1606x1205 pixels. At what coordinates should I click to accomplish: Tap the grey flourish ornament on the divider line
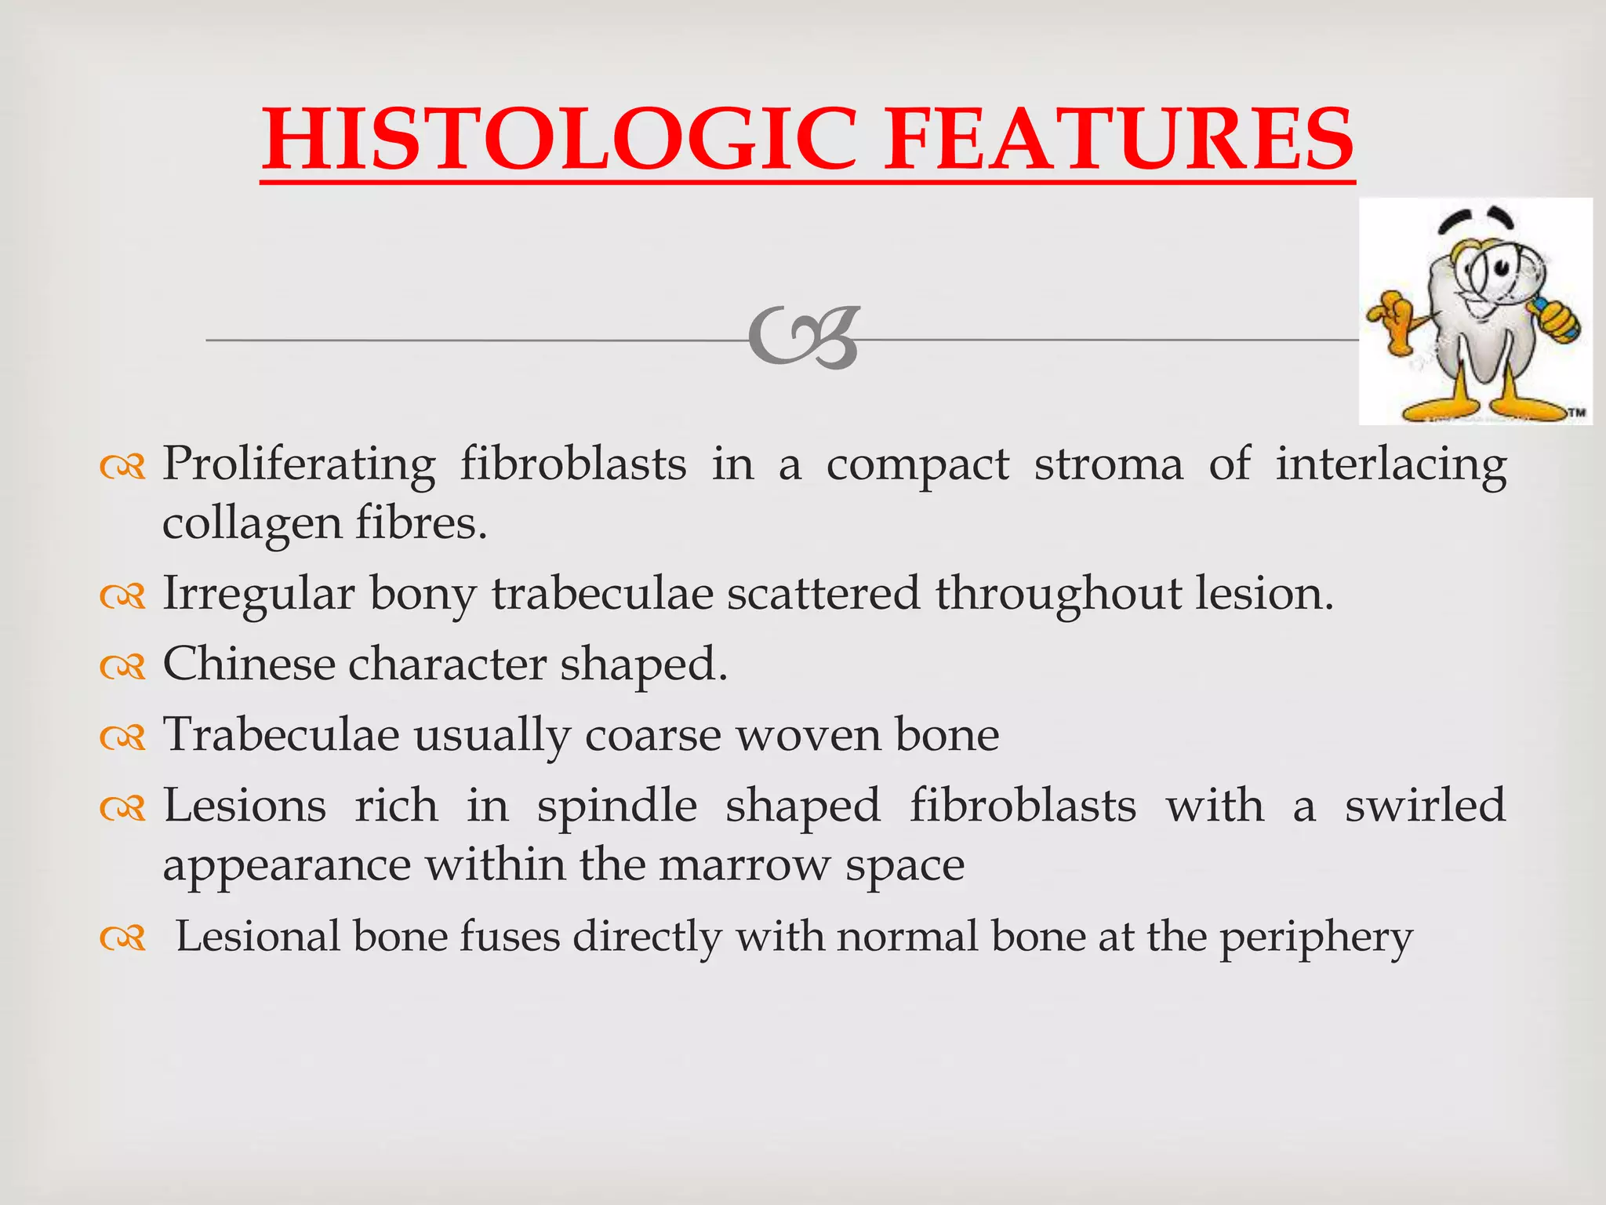pyautogui.click(x=804, y=338)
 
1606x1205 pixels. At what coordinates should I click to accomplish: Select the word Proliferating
pyautogui.click(x=298, y=465)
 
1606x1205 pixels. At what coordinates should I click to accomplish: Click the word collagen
pyautogui.click(x=252, y=524)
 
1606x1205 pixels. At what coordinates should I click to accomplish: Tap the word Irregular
pyautogui.click(x=258, y=594)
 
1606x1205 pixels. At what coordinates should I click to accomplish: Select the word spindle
pyautogui.click(x=616, y=806)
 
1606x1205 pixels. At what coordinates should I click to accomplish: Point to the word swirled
pyautogui.click(x=1425, y=806)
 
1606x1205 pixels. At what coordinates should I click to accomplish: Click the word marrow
pyautogui.click(x=744, y=865)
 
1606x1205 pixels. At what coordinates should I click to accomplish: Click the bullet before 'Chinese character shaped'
pyautogui.click(x=123, y=667)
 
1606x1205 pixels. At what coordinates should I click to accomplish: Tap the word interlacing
pyautogui.click(x=1390, y=465)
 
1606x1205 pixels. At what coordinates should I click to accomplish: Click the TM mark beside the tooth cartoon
pyautogui.click(x=1575, y=412)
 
